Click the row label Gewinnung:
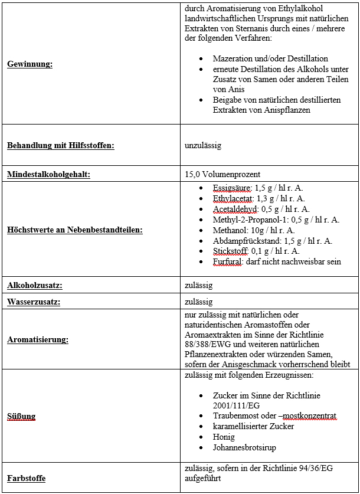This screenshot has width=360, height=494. click(x=30, y=64)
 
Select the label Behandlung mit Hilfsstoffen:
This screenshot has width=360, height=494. click(x=61, y=145)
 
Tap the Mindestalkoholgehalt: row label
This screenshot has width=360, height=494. click(x=48, y=174)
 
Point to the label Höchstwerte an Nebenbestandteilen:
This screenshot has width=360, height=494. click(x=75, y=230)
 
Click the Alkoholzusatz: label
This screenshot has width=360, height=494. click(x=35, y=285)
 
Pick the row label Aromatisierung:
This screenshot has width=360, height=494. click(x=38, y=339)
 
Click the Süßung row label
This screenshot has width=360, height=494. click(x=21, y=416)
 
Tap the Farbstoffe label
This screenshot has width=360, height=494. click(x=27, y=478)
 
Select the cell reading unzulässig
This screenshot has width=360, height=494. click(x=203, y=145)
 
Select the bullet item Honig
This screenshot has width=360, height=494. click(x=224, y=437)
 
